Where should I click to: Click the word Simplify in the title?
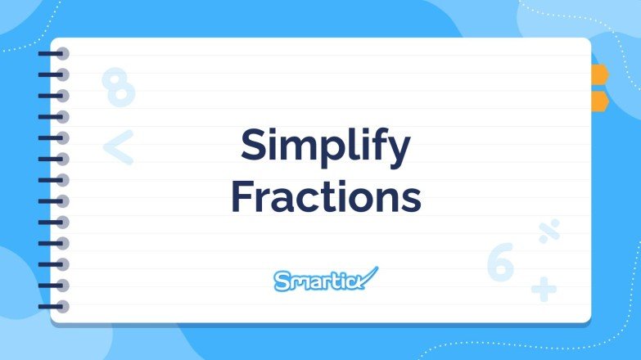coord(325,148)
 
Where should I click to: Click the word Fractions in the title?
coord(326,198)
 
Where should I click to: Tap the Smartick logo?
coord(325,280)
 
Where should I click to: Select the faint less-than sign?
coord(118,147)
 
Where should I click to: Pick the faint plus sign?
coord(543,288)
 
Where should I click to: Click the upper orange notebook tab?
coord(600,75)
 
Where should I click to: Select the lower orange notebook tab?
coord(600,101)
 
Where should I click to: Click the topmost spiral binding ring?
coord(59,54)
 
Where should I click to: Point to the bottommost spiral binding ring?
coord(59,307)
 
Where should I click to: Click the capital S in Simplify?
coord(255,147)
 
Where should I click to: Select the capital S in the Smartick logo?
coord(281,281)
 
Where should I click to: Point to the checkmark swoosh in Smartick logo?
coord(369,275)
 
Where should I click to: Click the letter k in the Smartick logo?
coord(357,281)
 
